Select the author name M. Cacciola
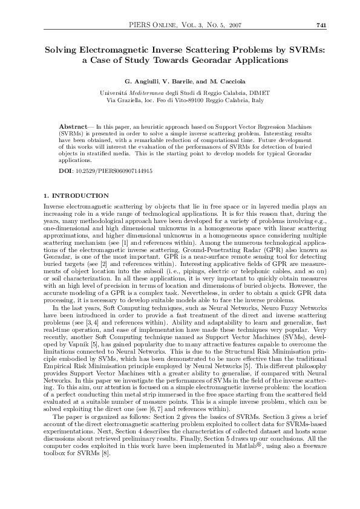click(x=220, y=81)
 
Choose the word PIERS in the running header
click(x=141, y=24)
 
